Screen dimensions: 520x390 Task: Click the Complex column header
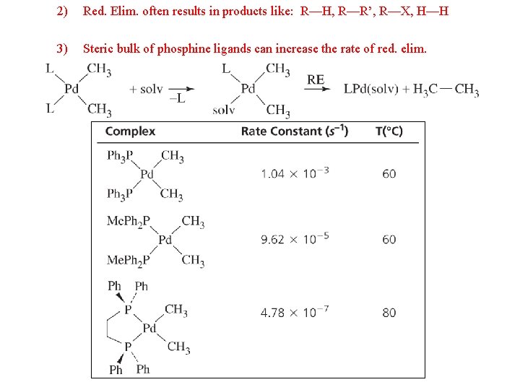point(130,131)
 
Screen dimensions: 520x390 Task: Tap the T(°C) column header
point(389,131)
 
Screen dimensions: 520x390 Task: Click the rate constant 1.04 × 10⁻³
point(295,173)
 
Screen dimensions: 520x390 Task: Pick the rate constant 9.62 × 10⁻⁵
point(295,239)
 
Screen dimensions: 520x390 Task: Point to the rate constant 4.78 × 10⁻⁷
point(295,313)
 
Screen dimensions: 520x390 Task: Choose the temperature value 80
point(389,313)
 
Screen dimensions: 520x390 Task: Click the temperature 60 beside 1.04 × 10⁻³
point(389,173)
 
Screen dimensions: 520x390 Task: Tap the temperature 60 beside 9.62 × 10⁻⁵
point(389,239)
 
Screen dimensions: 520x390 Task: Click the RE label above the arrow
point(316,79)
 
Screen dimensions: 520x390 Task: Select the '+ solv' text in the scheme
point(146,89)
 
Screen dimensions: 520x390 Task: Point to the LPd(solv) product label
point(370,90)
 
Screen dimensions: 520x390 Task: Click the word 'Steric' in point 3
point(99,49)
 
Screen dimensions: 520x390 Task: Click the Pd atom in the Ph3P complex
point(147,174)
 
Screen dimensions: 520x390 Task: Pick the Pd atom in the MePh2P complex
point(165,240)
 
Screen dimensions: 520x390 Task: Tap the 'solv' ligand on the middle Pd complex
point(224,110)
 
